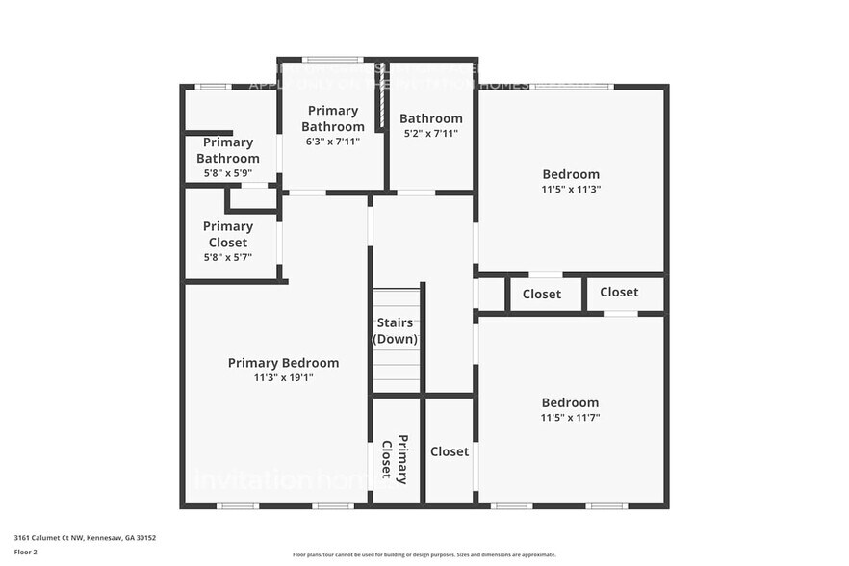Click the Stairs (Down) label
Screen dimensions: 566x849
(x=395, y=331)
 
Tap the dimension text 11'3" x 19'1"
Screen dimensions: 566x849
(x=283, y=378)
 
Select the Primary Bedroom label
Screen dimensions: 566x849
(x=283, y=363)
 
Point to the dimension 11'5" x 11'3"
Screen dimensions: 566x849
(x=571, y=190)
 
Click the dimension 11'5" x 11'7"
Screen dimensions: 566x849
(x=571, y=418)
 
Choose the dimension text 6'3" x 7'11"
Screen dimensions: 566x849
(x=332, y=142)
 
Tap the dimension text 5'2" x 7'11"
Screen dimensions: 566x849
(x=430, y=134)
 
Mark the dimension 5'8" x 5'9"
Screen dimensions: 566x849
(x=228, y=173)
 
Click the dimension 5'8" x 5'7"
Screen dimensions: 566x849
(x=228, y=257)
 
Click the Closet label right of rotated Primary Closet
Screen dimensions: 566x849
(x=450, y=451)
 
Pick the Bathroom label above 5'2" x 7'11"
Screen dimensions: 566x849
(x=430, y=118)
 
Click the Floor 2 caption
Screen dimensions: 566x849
(x=25, y=552)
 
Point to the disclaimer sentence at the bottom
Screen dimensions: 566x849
(x=424, y=554)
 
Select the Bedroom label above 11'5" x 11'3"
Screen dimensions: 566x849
(x=571, y=174)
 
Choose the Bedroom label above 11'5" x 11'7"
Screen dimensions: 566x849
(x=571, y=402)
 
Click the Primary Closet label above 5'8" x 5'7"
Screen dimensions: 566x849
(x=228, y=234)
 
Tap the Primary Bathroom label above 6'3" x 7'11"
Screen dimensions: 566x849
(x=332, y=118)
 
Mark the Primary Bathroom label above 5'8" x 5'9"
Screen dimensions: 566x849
(x=228, y=150)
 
